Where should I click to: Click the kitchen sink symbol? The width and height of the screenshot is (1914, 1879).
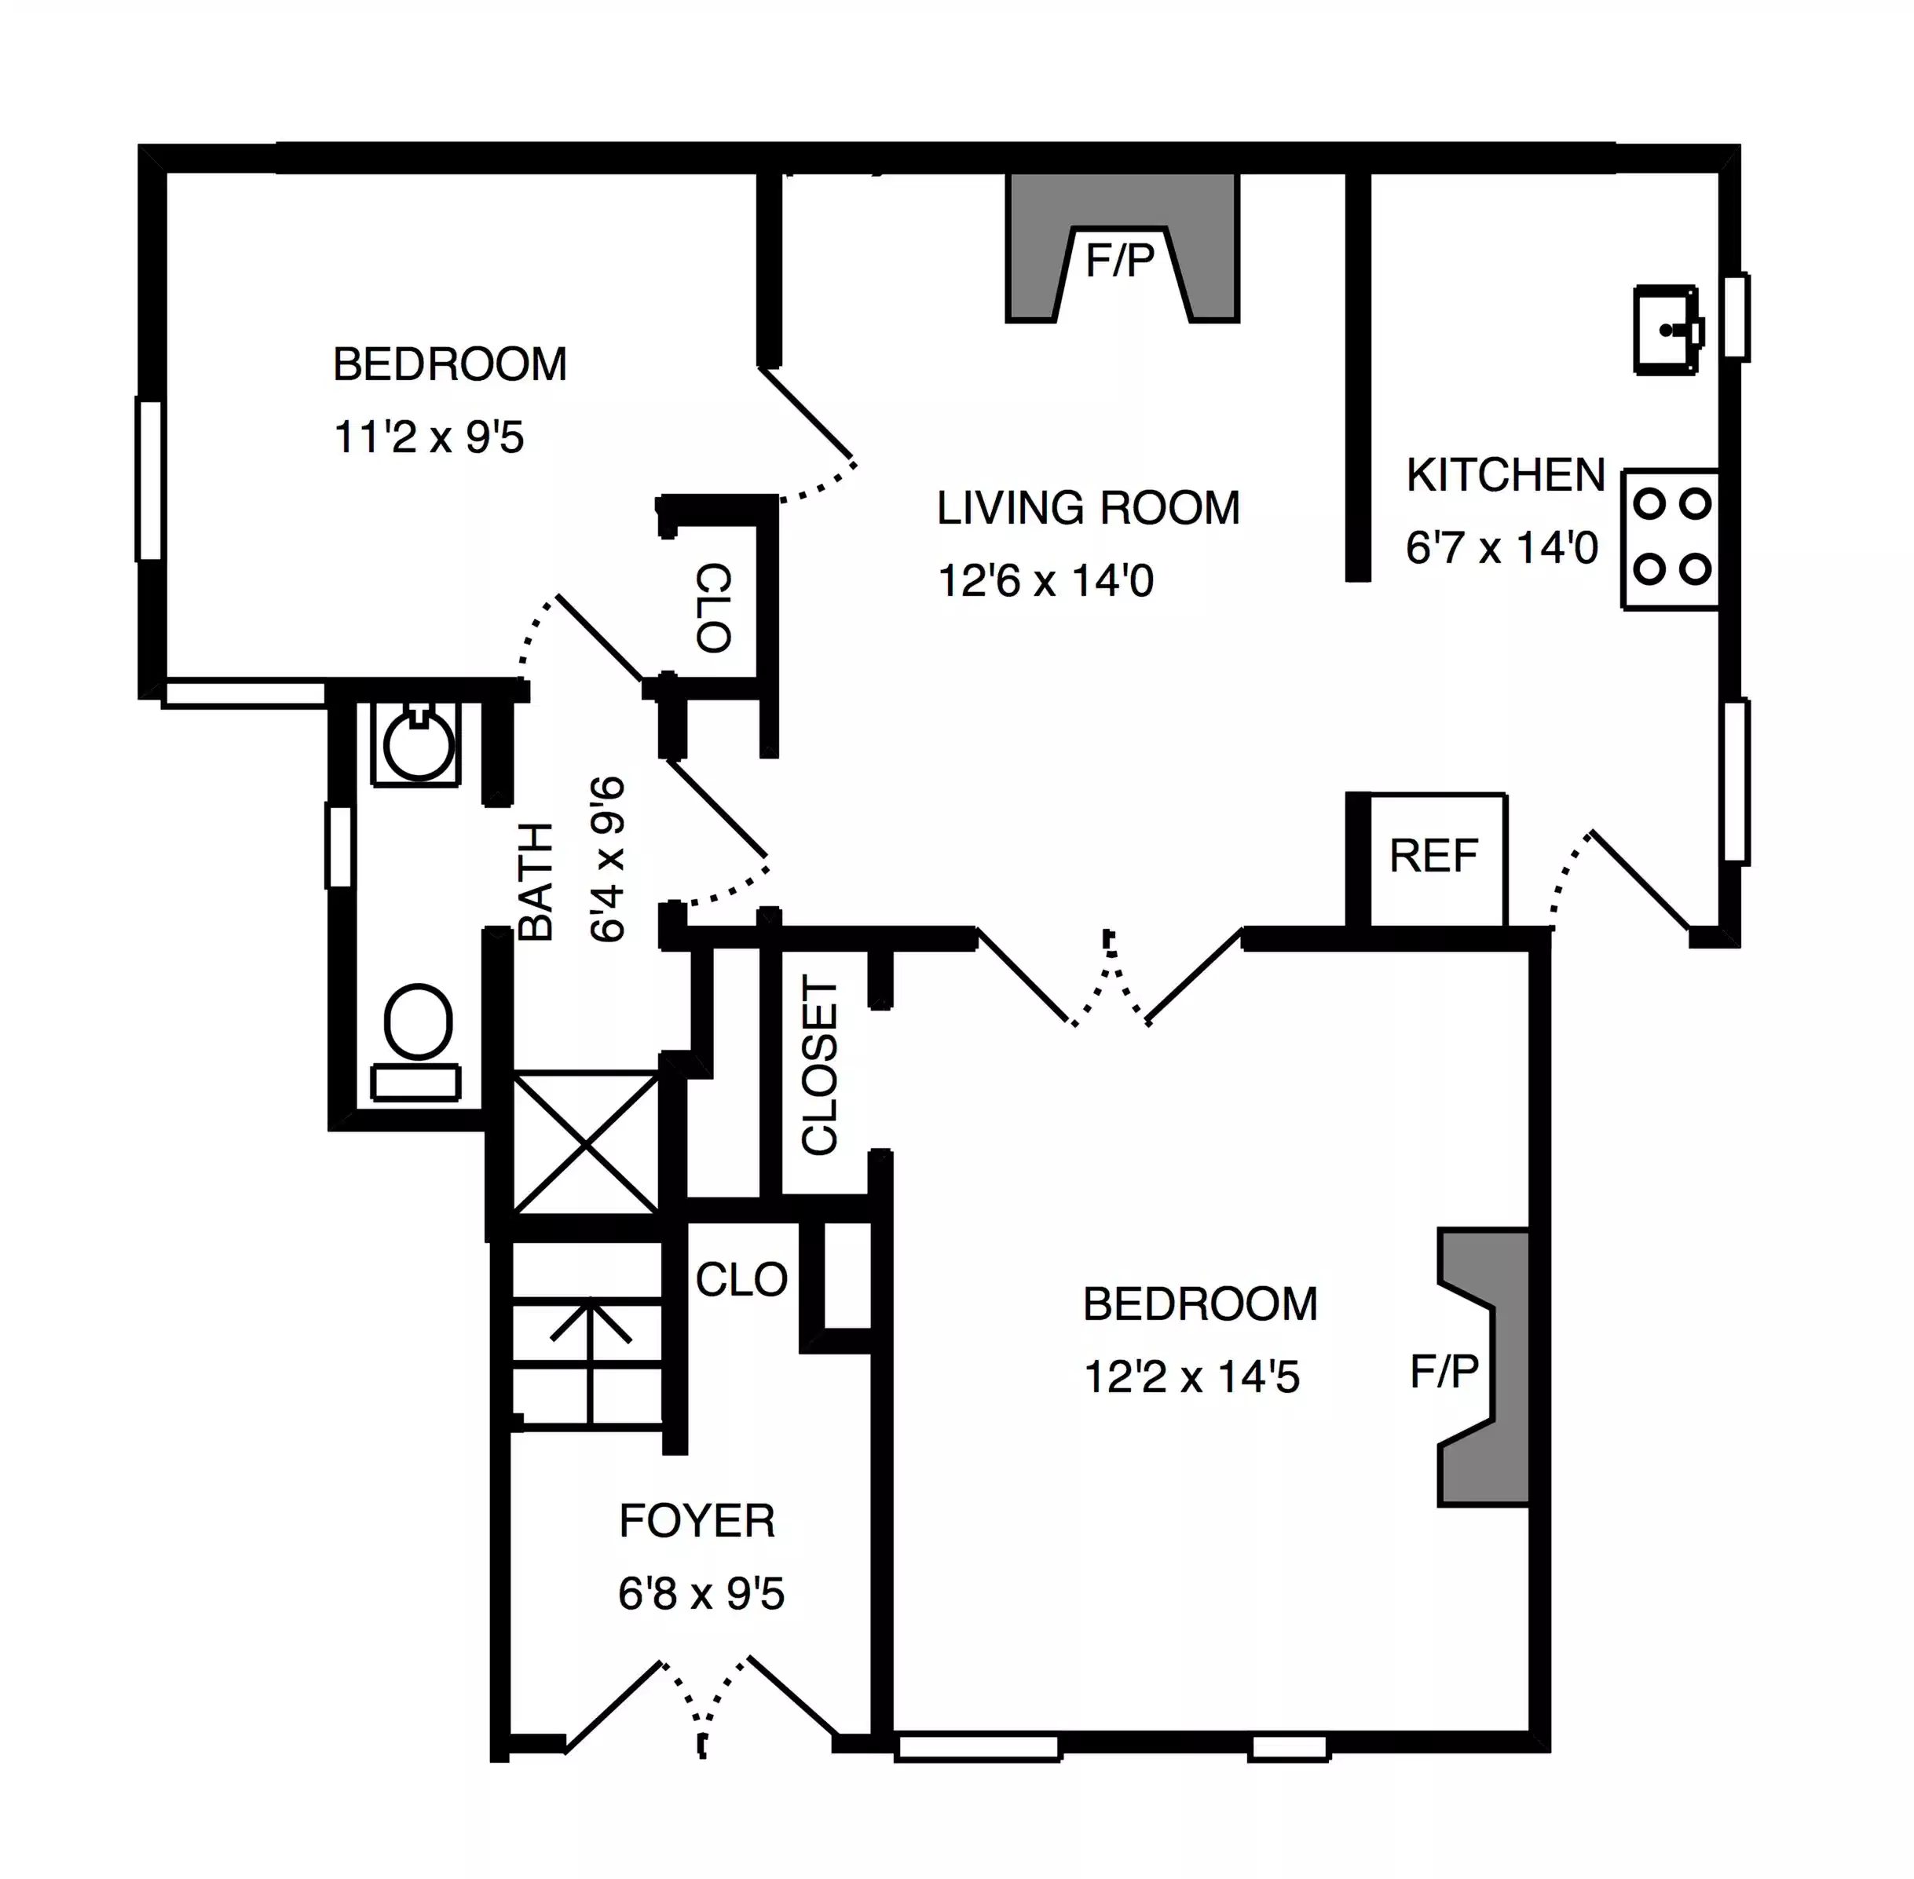1667,330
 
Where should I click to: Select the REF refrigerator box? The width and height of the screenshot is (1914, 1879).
1434,857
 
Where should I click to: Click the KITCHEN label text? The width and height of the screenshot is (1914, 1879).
1506,476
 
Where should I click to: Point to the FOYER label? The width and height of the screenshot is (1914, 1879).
697,1521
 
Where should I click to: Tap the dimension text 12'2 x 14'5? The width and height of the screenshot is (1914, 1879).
1191,1376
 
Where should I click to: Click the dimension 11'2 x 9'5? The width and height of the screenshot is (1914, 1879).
428,437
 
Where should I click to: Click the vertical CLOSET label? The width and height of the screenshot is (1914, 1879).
820,1065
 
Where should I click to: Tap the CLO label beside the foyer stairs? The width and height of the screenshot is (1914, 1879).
741,1280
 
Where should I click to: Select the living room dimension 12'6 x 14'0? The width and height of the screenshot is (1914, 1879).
1045,581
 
